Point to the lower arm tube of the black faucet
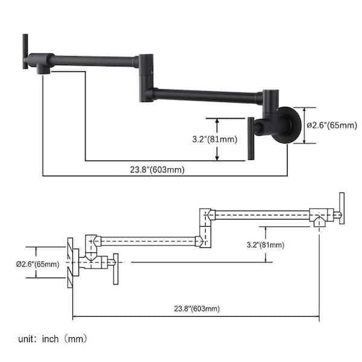coord(208,96)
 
